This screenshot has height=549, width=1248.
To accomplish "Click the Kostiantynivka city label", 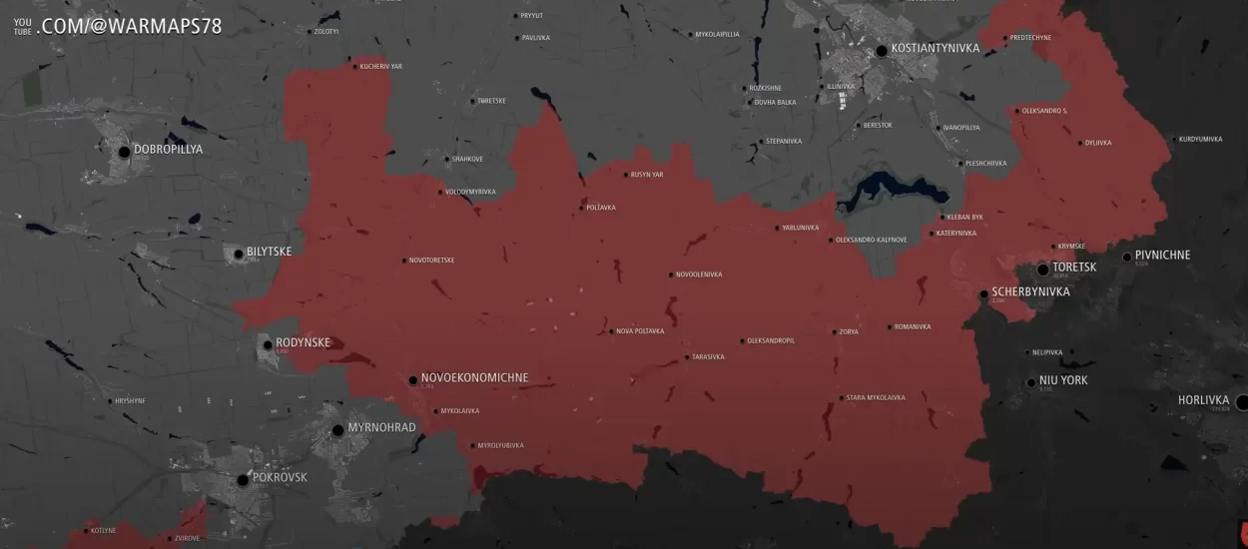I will tap(935, 48).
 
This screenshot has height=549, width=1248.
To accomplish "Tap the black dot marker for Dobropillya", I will tap(125, 152).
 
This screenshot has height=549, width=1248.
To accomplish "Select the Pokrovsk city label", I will tap(280, 477).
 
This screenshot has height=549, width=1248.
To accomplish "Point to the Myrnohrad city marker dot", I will tap(338, 430).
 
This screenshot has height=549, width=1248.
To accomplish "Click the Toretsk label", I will tap(1074, 268).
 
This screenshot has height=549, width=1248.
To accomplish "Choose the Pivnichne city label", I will tap(1162, 256).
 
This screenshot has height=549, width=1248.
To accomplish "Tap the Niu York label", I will tap(1063, 380).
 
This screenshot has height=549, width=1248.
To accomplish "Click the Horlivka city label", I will tap(1203, 400).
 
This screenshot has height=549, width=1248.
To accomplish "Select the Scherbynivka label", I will tap(1030, 292).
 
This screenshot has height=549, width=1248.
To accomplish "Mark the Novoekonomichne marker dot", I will tap(412, 380).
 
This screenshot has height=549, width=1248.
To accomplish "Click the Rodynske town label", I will tap(303, 342).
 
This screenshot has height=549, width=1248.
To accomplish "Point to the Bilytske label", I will tap(270, 252).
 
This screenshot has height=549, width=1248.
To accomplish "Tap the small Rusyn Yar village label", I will tap(647, 175).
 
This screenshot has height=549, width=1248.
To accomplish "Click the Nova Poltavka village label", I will tap(640, 331).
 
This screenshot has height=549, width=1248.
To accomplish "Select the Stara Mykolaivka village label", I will tap(876, 397).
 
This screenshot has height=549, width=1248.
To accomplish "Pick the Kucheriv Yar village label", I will tap(380, 67).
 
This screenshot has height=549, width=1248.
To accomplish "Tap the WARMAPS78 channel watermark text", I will tap(131, 26).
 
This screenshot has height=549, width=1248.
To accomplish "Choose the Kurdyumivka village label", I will tap(1200, 140).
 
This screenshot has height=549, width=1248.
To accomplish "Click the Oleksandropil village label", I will tap(771, 340).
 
